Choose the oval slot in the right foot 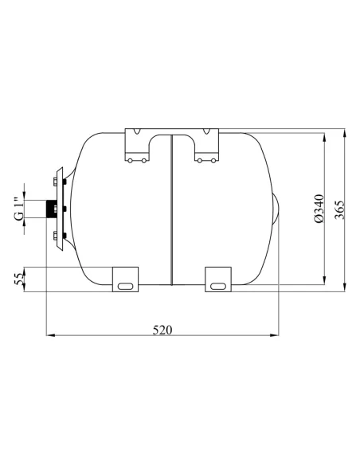pos(219,285)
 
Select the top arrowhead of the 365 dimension pos(345,130)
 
